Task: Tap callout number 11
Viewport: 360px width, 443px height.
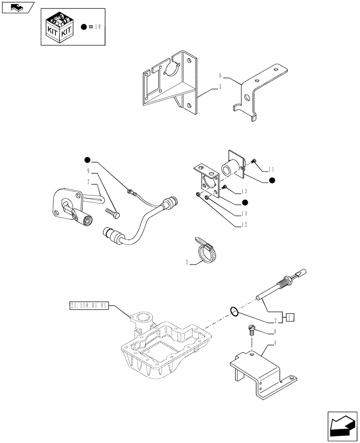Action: (272, 169)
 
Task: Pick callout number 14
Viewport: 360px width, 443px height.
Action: (244, 213)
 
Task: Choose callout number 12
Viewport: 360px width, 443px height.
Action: (244, 225)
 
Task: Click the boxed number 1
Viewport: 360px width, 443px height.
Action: (289, 317)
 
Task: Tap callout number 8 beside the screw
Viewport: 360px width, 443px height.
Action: (275, 331)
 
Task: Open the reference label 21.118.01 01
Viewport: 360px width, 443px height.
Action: (89, 306)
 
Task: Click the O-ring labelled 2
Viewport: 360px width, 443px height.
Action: (235, 312)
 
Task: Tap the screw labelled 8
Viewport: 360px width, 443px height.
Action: (252, 330)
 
